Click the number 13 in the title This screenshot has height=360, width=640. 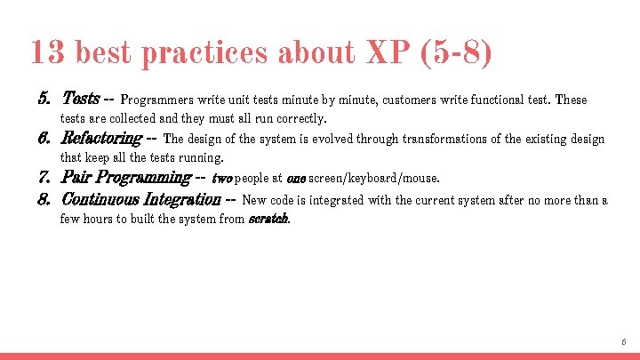click(x=47, y=53)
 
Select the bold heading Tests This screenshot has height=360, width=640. click(x=80, y=99)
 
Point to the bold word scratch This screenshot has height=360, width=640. click(x=268, y=219)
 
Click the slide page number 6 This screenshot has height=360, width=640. click(x=624, y=341)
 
